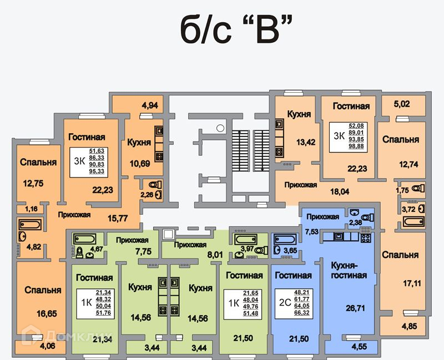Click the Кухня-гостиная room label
[x=348, y=270]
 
